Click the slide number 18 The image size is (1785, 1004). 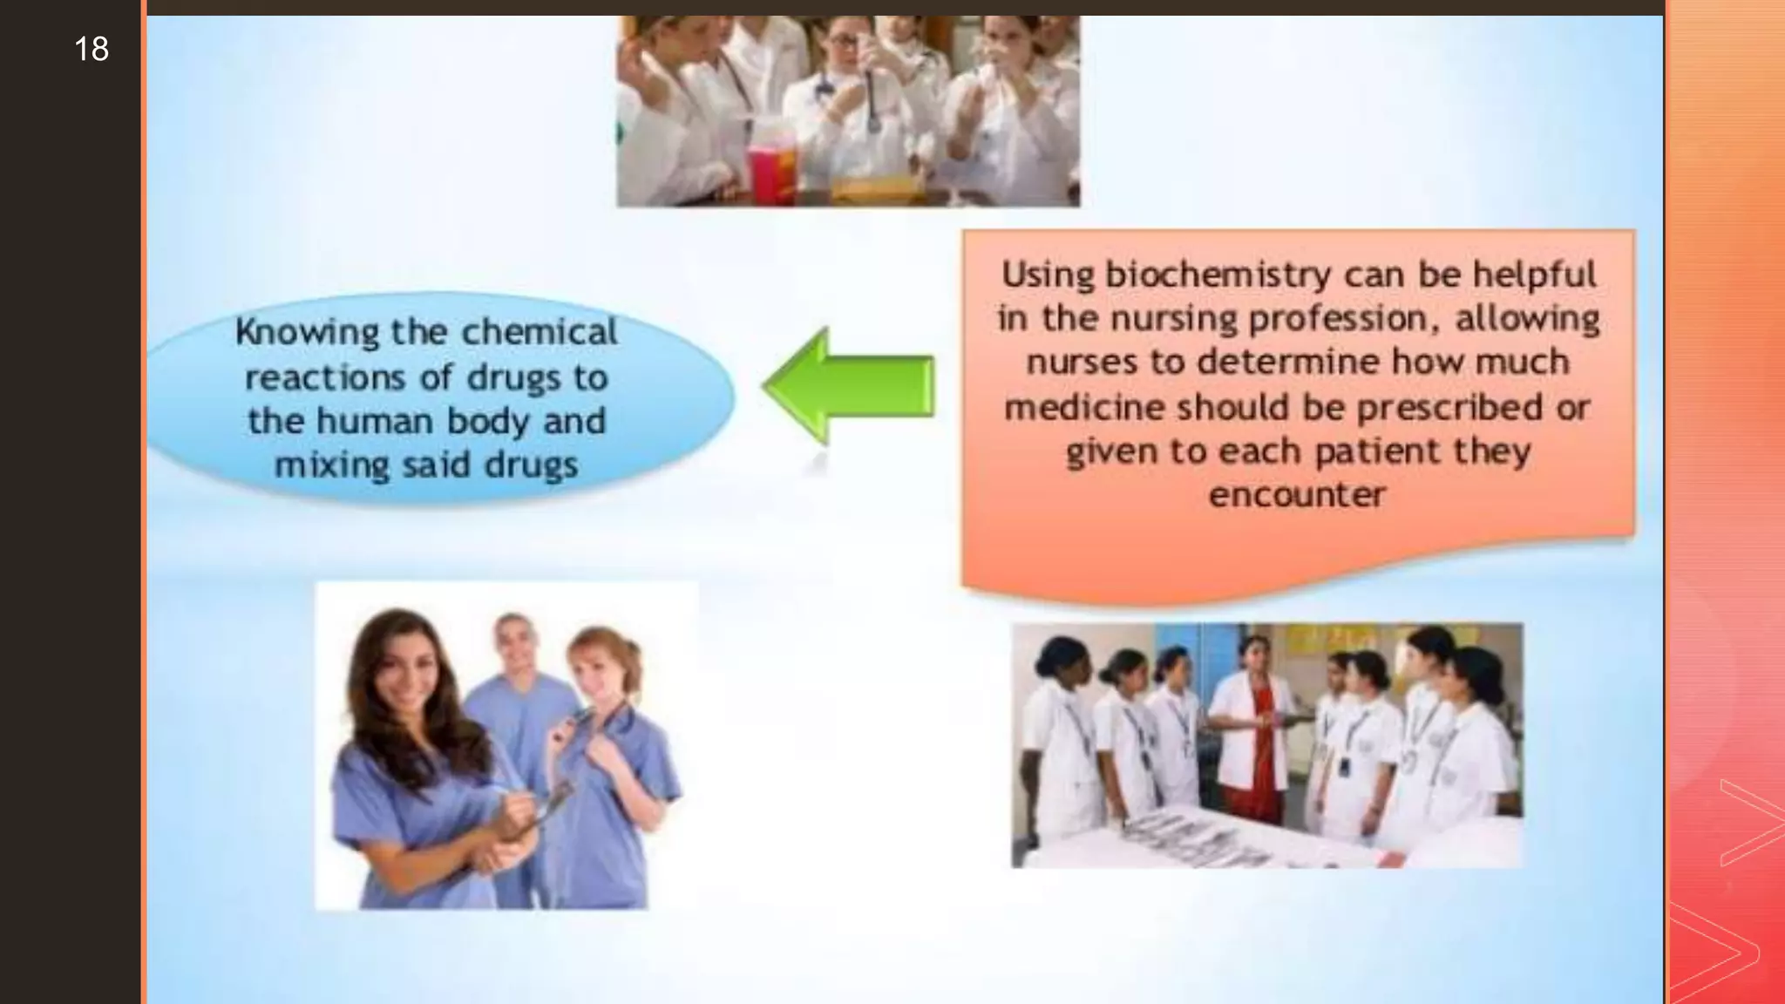[x=92, y=49]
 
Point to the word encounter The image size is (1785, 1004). [x=1297, y=495]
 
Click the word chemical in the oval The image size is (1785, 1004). [x=539, y=332]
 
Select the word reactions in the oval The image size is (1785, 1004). [x=324, y=378]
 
